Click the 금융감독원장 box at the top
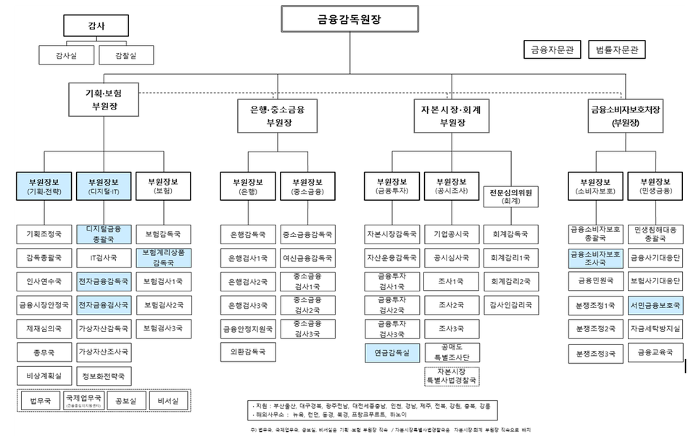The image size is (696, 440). [349, 20]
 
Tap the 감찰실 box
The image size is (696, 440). [116, 54]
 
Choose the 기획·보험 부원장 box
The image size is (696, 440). [104, 99]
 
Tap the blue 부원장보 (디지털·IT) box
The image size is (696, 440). [104, 186]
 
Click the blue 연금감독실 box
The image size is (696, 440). [391, 353]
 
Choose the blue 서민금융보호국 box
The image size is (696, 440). [655, 305]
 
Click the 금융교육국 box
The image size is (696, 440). [655, 353]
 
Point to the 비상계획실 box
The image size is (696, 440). [44, 376]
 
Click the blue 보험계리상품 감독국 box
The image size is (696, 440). [163, 257]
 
